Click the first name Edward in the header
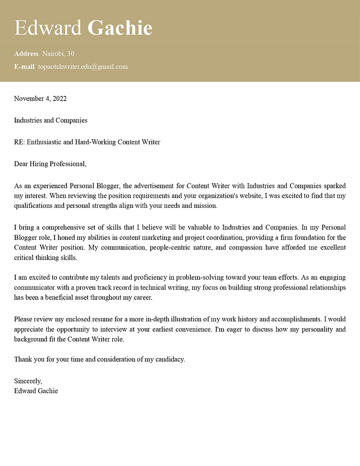tap(48, 28)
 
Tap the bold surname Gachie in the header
tap(120, 28)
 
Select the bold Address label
tap(26, 54)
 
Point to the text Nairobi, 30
tap(58, 54)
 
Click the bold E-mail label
tap(24, 67)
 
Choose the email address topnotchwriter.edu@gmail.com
tap(83, 67)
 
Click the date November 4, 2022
tap(40, 99)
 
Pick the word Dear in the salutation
tap(21, 164)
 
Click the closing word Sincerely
tap(28, 381)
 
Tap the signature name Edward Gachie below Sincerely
tap(36, 391)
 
